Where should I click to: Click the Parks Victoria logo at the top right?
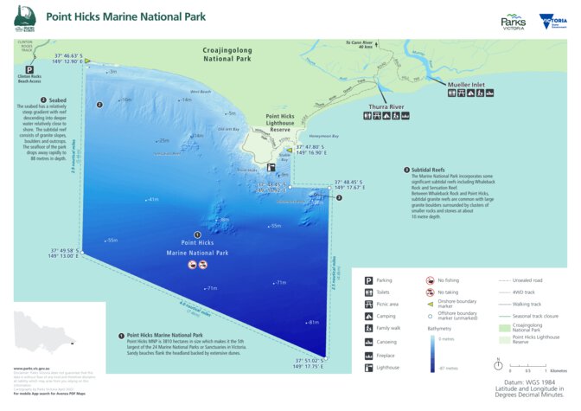click(x=514, y=22)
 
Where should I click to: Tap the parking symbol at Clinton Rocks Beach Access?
click(x=29, y=69)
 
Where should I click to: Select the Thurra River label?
click(x=386, y=107)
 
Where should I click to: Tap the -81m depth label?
click(x=312, y=323)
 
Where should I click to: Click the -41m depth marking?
click(x=153, y=200)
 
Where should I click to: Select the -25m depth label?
click(x=162, y=140)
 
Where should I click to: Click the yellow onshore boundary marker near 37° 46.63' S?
click(x=87, y=61)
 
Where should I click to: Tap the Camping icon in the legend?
click(x=368, y=318)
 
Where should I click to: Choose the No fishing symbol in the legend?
click(x=430, y=280)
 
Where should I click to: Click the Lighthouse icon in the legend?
click(x=368, y=367)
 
